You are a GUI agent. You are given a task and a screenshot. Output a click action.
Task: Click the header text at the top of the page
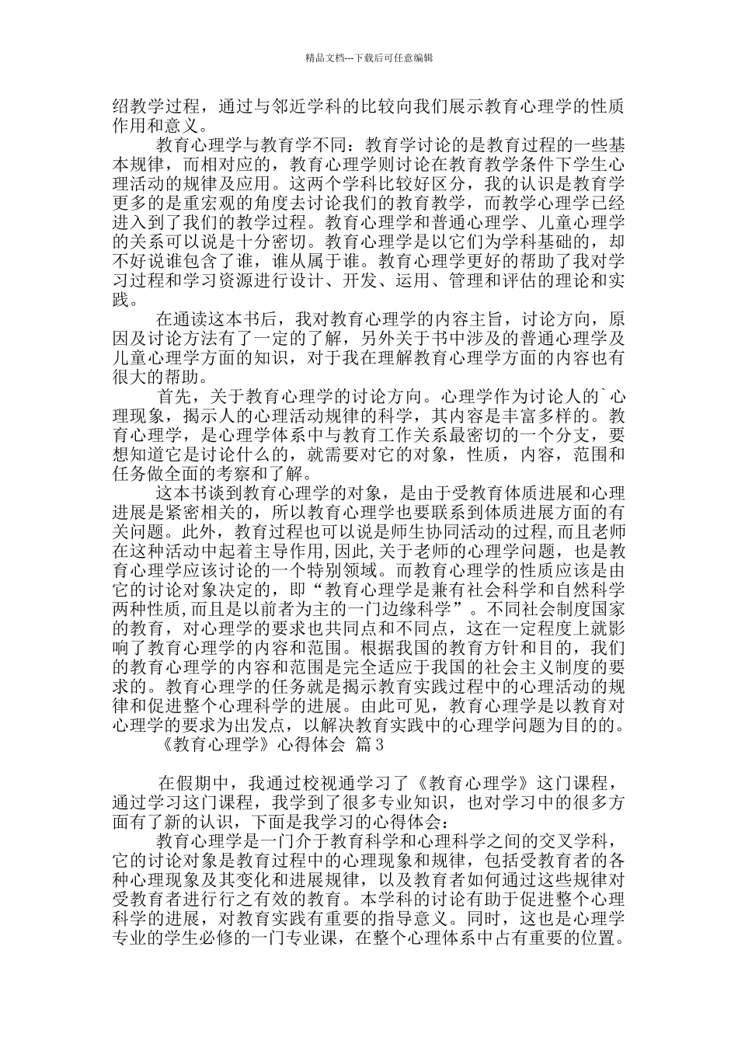pyautogui.click(x=369, y=57)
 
